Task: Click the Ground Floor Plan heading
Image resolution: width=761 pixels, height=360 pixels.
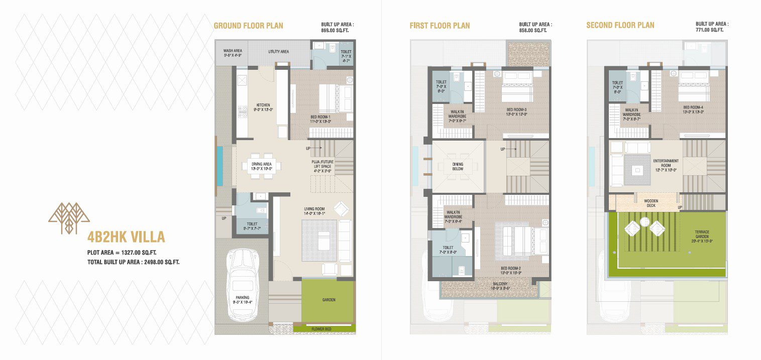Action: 248,26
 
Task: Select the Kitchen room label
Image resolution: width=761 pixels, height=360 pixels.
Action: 262,107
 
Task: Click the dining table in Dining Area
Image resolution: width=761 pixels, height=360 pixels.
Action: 261,166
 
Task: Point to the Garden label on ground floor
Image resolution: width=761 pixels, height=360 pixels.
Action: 329,300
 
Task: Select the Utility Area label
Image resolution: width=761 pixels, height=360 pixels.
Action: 278,51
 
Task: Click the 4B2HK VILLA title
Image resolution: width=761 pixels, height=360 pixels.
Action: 126,237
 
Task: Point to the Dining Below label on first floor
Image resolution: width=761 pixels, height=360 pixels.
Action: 458,167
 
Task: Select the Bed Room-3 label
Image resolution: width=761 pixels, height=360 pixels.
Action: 516,111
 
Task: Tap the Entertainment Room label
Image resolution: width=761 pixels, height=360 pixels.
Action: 666,164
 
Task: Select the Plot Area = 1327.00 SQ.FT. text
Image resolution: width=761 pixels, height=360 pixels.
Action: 125,253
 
